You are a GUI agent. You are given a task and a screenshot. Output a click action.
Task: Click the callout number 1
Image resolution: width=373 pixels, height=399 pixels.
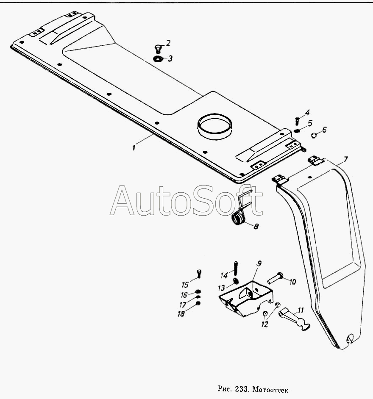134,147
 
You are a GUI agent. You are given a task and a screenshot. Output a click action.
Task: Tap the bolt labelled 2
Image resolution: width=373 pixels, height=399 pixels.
158,49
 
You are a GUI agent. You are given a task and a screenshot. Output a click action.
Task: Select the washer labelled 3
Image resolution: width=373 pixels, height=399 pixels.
157,59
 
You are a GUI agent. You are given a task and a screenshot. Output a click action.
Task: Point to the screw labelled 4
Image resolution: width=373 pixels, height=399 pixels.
297,120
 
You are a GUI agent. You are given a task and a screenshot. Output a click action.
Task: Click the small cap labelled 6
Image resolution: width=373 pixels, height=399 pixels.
314,135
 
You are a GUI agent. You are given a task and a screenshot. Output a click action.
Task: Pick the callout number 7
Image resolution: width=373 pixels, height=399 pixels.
345,160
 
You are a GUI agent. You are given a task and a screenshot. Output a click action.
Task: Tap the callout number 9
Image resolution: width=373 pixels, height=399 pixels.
259,263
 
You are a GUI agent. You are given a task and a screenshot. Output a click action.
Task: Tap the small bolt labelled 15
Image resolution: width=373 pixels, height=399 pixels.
199,274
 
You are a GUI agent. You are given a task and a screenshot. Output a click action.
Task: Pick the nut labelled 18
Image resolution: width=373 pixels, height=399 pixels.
198,303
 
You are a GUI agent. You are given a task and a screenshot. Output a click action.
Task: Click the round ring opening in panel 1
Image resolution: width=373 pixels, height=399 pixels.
215,126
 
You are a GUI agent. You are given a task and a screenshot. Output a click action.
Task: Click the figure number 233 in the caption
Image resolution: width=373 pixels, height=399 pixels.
241,389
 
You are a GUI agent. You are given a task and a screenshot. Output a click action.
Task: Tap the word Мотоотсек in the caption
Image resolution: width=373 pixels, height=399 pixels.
271,389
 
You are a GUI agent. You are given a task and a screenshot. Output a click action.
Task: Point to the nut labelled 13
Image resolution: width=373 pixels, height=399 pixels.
236,281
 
